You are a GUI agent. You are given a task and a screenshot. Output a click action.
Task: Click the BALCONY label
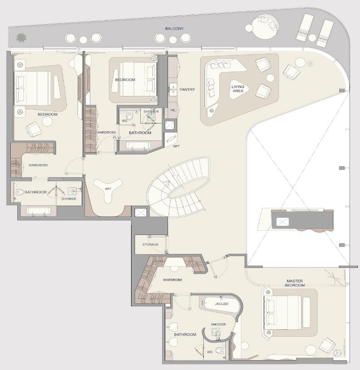(174, 29)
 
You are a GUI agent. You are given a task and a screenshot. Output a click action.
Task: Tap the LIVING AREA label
(238, 89)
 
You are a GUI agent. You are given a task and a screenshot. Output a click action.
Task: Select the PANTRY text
(187, 90)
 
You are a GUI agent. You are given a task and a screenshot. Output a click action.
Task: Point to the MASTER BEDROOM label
(294, 283)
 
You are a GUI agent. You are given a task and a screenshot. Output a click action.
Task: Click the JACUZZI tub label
(221, 304)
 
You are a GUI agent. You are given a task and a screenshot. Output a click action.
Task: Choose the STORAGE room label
(151, 244)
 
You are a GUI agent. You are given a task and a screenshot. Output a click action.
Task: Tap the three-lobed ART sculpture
(108, 189)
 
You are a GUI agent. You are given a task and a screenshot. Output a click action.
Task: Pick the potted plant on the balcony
(22, 38)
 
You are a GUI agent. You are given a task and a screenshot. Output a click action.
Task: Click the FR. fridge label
(173, 110)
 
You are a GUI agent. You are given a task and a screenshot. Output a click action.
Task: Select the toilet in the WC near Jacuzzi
(220, 351)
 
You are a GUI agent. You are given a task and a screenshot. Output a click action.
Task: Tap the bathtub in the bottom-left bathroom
(38, 211)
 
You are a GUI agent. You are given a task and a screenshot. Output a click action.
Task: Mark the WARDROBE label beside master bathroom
(173, 280)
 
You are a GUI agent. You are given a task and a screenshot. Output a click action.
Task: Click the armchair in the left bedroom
(34, 129)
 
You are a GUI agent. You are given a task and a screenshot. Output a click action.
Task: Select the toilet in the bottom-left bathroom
(19, 192)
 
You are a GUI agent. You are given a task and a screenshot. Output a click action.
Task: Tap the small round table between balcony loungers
(312, 38)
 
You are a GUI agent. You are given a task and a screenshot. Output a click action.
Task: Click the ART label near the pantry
(176, 146)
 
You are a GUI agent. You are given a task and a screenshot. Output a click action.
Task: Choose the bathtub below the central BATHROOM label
(138, 145)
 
